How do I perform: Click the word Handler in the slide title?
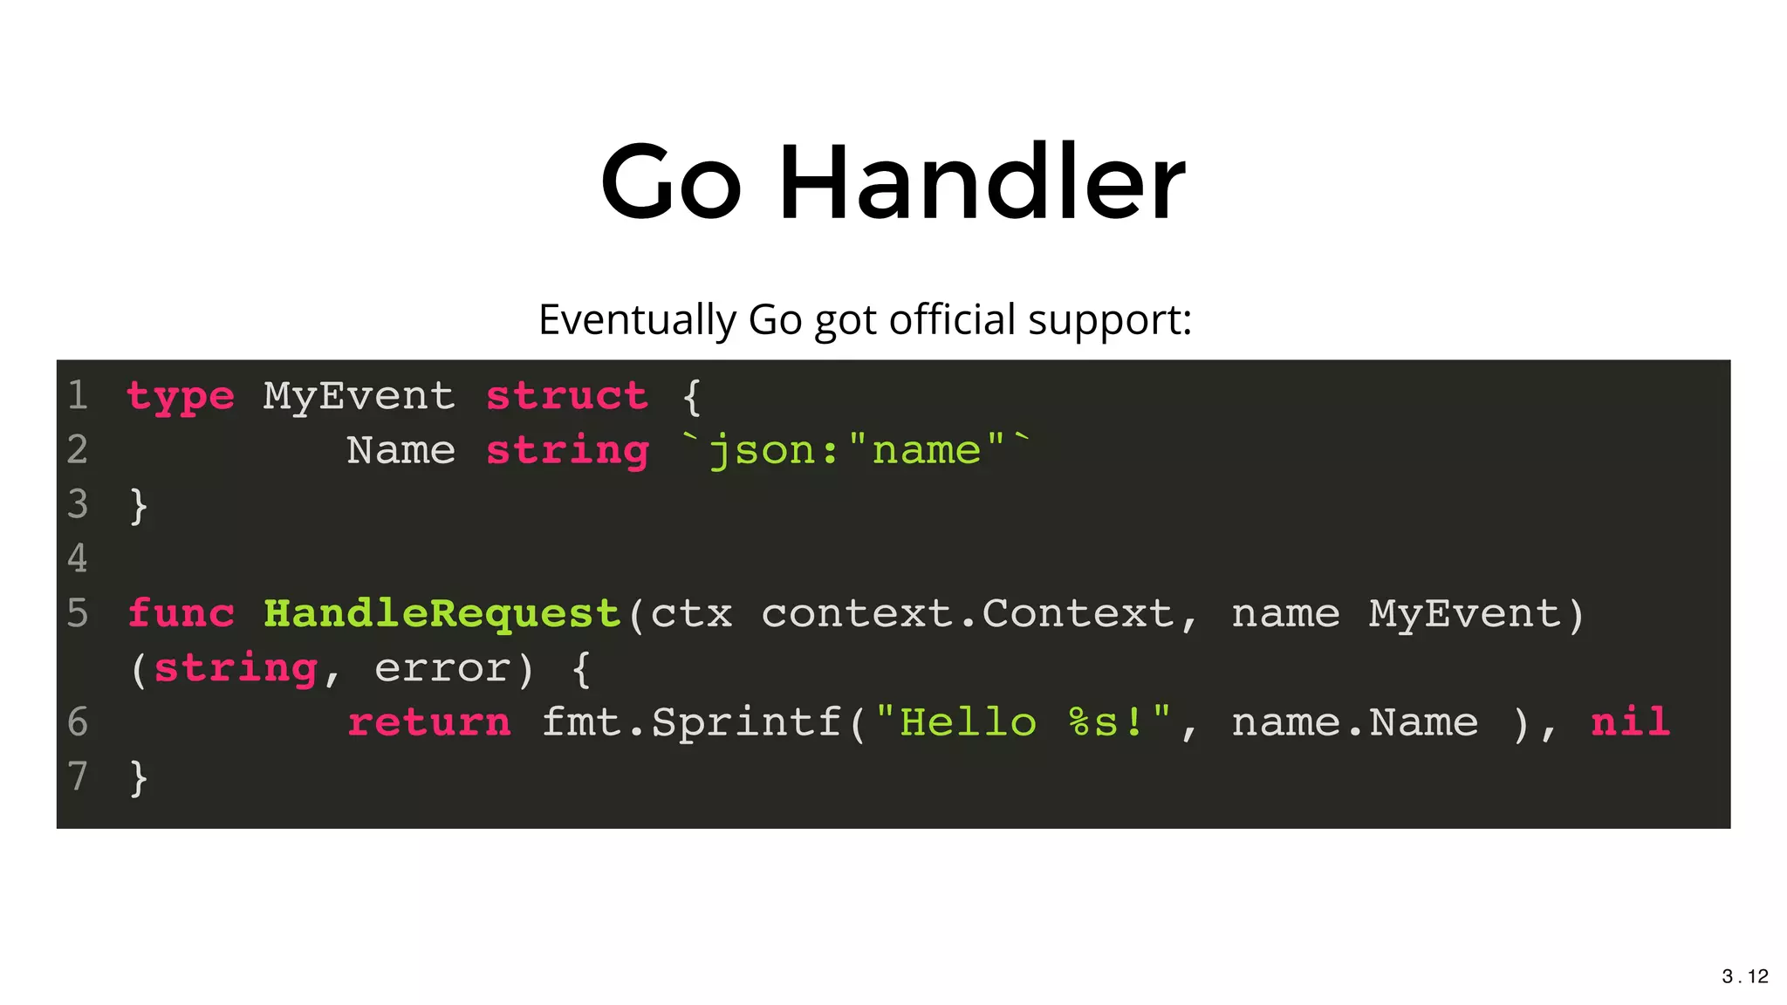coord(982,183)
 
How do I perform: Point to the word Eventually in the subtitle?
coord(637,319)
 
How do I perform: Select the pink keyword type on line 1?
coord(181,397)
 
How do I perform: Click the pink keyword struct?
coord(566,397)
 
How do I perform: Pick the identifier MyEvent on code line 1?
coord(359,397)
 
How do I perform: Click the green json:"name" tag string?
coord(857,451)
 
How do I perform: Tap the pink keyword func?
coord(181,614)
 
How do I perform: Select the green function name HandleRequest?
coord(442,614)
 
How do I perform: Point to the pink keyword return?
coord(428,723)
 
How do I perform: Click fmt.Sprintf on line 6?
coord(692,723)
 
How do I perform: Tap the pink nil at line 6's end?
coord(1630,723)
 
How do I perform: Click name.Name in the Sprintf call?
coord(1354,723)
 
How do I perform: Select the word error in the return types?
coord(442,669)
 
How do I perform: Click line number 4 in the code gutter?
coord(78,558)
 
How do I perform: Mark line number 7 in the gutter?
coord(78,776)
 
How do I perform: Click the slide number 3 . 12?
coord(1744,976)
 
